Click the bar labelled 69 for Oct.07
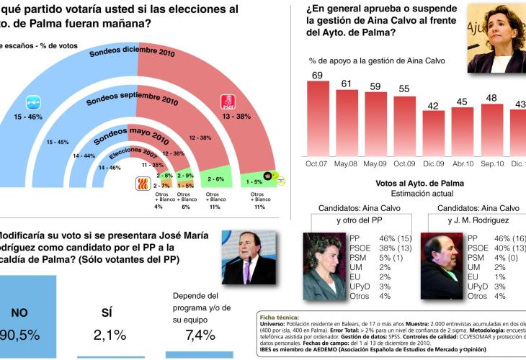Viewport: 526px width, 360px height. click(318, 118)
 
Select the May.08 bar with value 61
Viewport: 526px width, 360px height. click(347, 122)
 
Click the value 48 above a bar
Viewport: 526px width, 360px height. click(492, 97)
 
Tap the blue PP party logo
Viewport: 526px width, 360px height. click(35, 102)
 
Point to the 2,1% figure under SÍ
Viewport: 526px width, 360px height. click(110, 335)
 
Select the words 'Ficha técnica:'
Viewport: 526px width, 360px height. click(280, 317)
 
